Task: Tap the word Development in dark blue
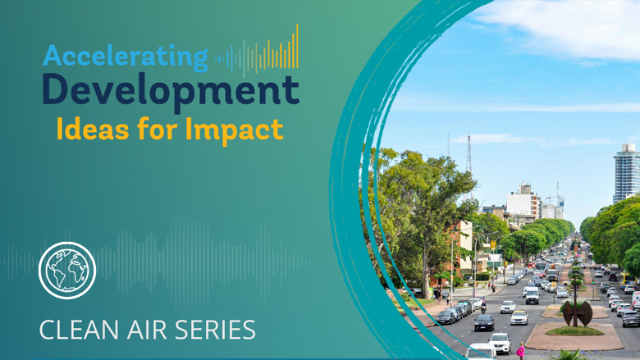(171, 91)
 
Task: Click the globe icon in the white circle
(67, 271)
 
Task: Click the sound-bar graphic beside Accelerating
(257, 52)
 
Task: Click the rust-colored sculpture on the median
(577, 313)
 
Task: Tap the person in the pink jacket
(521, 350)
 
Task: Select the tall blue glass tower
(626, 173)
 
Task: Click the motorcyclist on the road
(483, 305)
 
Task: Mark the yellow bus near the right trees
(628, 280)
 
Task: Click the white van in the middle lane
(532, 296)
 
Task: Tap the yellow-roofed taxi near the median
(519, 317)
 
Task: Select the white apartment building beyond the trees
(523, 202)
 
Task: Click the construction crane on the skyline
(557, 198)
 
